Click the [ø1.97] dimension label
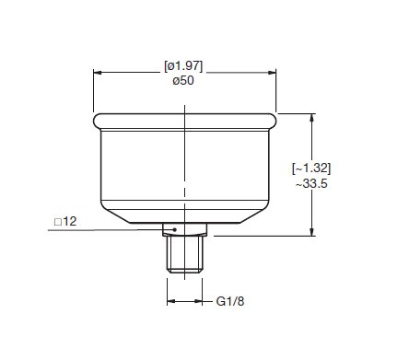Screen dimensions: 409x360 183,66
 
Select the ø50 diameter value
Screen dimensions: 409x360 183,81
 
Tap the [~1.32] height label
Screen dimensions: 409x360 311,168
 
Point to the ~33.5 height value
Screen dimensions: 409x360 311,184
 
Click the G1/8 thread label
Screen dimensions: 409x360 230,301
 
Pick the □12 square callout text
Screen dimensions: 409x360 65,222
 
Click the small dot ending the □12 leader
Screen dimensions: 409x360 175,229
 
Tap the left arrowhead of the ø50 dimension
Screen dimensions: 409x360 98,73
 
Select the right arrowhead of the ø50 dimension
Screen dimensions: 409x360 272,73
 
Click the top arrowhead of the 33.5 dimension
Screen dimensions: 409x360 312,118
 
